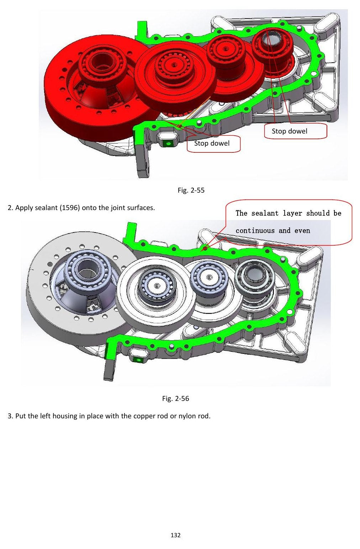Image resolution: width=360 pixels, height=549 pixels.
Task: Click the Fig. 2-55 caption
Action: click(191, 190)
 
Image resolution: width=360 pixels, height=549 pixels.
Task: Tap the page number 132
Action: click(176, 535)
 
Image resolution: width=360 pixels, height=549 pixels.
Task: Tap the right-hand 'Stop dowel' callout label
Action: click(290, 131)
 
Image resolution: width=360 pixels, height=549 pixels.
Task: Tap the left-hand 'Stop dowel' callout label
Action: click(212, 143)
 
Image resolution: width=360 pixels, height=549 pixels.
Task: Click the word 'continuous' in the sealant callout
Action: click(255, 231)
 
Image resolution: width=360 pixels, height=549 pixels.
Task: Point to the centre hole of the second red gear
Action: click(174, 65)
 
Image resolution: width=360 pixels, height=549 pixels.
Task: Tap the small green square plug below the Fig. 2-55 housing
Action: click(168, 143)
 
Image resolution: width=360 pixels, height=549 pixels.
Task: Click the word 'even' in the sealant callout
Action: click(302, 231)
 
